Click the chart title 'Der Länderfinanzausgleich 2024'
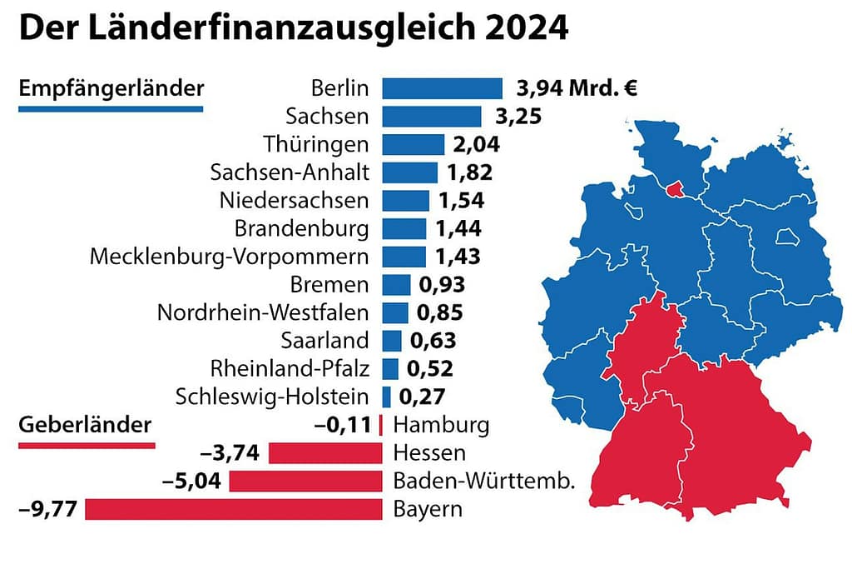pyautogui.click(x=293, y=29)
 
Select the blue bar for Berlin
pyautogui.click(x=443, y=88)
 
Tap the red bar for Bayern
pyautogui.click(x=234, y=509)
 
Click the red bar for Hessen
pyautogui.click(x=325, y=453)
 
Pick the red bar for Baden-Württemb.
pyautogui.click(x=305, y=482)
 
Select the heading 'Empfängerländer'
pyautogui.click(x=111, y=88)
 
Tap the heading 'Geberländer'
pyautogui.click(x=85, y=425)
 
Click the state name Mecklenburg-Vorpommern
pyautogui.click(x=229, y=257)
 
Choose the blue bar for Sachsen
pyautogui.click(x=432, y=117)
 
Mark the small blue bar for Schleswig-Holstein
pyautogui.click(x=387, y=397)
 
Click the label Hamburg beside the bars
pyautogui.click(x=441, y=425)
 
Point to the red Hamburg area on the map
pyautogui.click(x=674, y=190)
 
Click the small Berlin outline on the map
pyautogui.click(x=786, y=237)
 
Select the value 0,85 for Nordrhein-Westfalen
pyautogui.click(x=439, y=313)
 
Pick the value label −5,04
pyautogui.click(x=196, y=482)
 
